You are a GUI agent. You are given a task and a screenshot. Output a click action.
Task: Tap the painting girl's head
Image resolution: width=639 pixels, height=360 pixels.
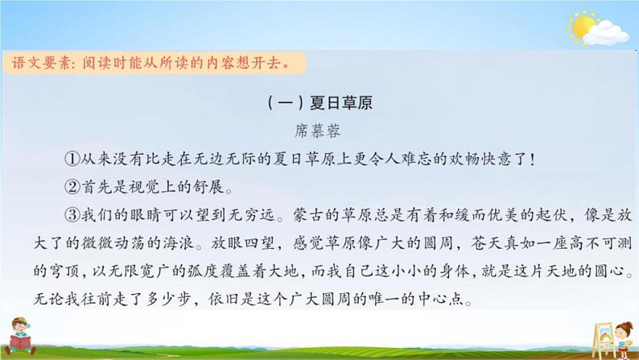click(620, 327)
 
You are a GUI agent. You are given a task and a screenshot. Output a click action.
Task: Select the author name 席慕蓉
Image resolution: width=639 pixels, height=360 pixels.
click(319, 129)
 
